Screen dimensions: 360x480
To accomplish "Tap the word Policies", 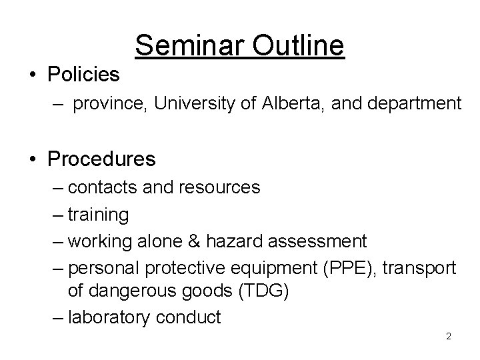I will tap(83, 75).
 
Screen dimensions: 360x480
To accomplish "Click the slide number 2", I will tap(449, 337).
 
